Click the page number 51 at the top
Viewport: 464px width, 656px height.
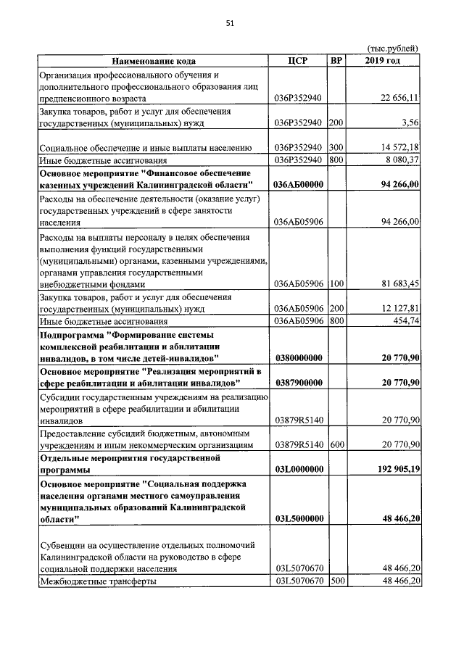[x=231, y=24]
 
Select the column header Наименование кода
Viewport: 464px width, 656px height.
[x=153, y=61]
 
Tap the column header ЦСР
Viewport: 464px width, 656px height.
[x=298, y=61]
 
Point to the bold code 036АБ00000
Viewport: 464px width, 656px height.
[x=298, y=185]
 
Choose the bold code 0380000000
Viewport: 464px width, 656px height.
[x=298, y=358]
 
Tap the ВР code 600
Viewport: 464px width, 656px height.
[x=336, y=444]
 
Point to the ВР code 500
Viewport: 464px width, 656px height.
[x=336, y=581]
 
